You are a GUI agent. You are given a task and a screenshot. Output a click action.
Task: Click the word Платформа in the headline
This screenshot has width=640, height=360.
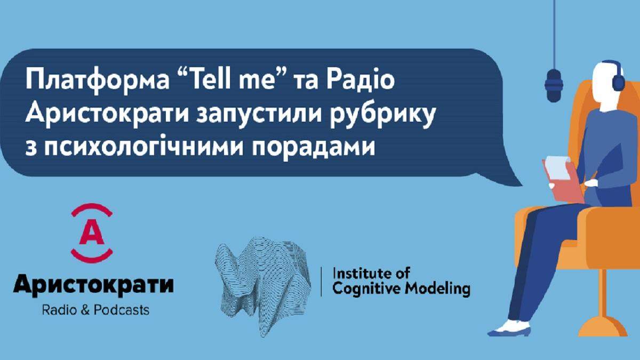(x=98, y=81)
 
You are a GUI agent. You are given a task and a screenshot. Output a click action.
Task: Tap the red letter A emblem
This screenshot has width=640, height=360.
(x=92, y=233)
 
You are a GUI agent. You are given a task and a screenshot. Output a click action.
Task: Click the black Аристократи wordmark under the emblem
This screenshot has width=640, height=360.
(x=93, y=285)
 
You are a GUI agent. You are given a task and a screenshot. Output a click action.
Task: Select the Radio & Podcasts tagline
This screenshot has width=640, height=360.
(x=95, y=310)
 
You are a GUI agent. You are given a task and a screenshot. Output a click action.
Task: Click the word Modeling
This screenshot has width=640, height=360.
(x=437, y=290)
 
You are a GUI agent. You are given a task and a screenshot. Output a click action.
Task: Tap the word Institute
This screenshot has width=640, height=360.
(x=359, y=274)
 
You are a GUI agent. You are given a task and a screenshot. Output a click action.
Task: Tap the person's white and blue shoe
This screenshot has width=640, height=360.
(x=509, y=329)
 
